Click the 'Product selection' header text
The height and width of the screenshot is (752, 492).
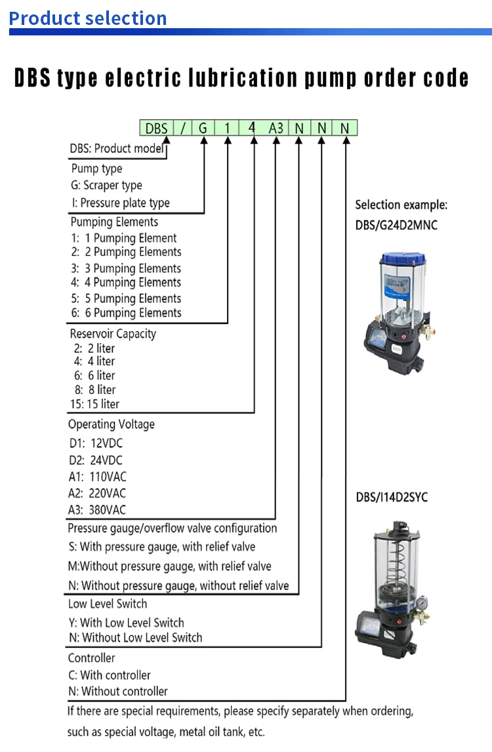point(88,18)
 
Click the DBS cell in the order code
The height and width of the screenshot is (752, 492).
point(156,128)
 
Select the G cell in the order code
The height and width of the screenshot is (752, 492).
point(203,128)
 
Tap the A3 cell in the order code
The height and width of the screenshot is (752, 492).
point(276,128)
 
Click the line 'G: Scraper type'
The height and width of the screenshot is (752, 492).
point(106,186)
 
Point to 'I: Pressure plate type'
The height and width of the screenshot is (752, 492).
point(120,203)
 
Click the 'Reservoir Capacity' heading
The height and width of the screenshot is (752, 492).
point(113,334)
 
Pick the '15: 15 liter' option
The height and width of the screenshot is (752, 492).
point(94,404)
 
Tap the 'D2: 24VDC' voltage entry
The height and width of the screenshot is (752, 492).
point(96,460)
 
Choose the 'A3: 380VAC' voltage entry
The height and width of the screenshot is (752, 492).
point(98,510)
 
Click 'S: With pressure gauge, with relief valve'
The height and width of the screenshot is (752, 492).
point(161,547)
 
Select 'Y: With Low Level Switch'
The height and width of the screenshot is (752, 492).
point(126,623)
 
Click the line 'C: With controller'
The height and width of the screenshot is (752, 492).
point(109,675)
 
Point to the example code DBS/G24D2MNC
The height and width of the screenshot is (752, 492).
point(396,226)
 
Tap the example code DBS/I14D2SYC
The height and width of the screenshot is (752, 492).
point(392,498)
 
